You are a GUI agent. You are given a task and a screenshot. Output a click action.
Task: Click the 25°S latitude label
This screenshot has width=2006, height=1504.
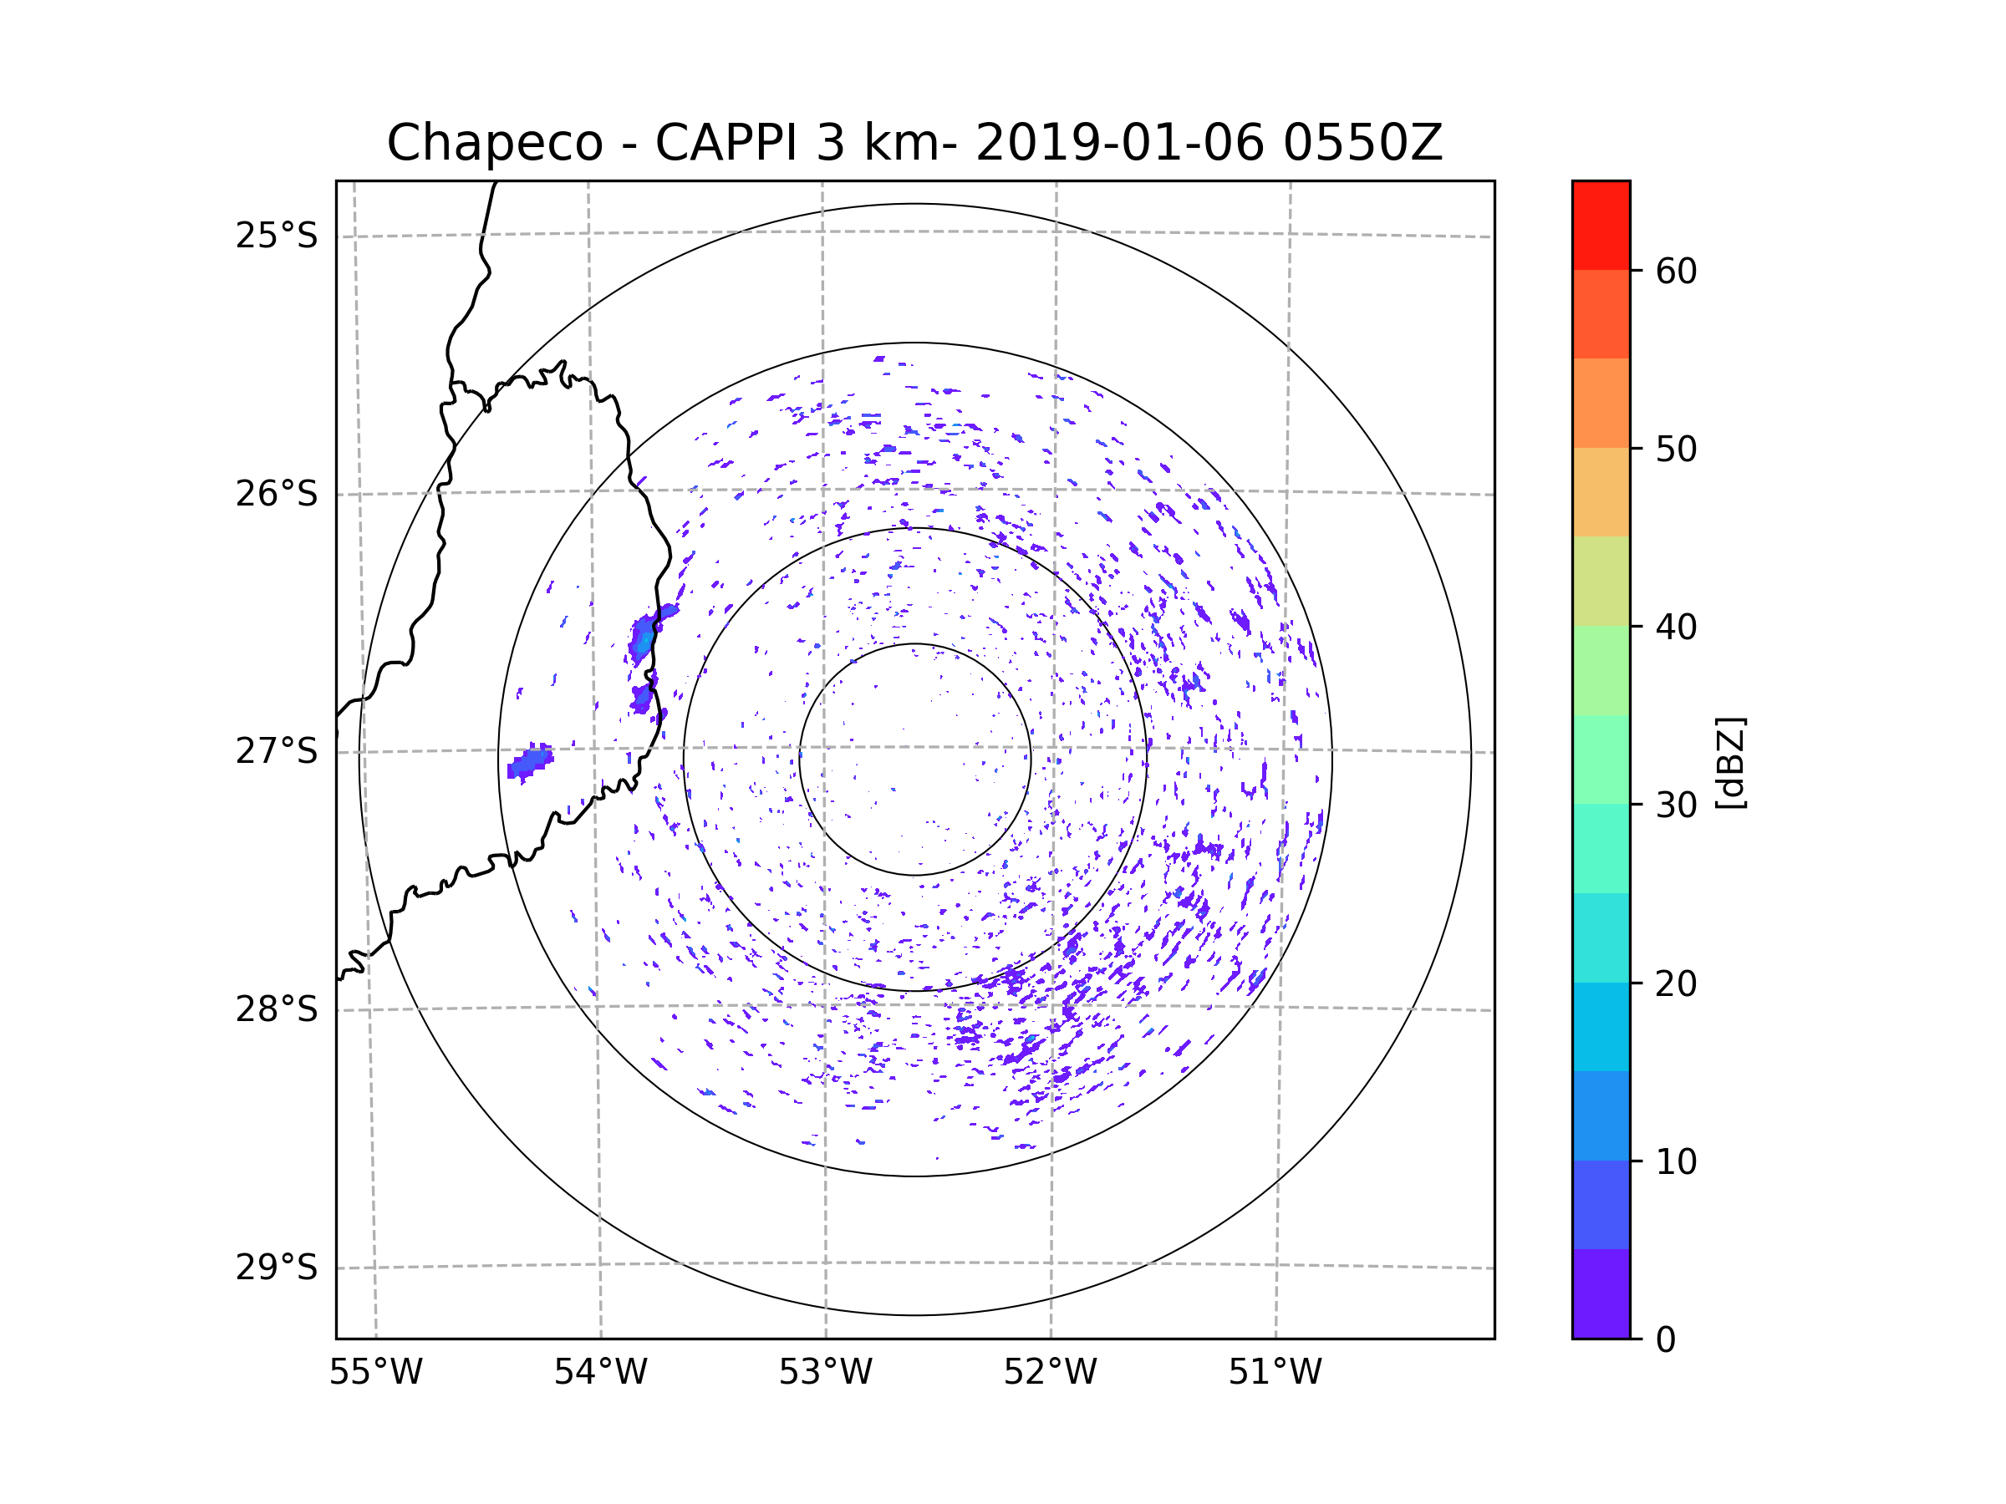[x=277, y=236]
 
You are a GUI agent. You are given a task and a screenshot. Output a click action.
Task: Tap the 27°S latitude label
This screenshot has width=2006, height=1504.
[x=277, y=750]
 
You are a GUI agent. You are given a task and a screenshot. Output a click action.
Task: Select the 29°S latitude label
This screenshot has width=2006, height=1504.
[x=277, y=1267]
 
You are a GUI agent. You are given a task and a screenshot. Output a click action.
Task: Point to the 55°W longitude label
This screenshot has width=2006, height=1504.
[x=375, y=1373]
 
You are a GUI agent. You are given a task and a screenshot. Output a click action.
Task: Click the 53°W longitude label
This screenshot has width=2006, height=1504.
[x=825, y=1373]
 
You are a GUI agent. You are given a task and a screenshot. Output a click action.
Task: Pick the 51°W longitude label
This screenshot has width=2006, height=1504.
[x=1275, y=1373]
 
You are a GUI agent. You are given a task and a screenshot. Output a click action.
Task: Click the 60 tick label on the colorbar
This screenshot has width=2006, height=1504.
[x=1676, y=271]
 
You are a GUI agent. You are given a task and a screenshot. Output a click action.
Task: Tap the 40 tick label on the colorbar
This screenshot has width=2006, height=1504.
[x=1676, y=627]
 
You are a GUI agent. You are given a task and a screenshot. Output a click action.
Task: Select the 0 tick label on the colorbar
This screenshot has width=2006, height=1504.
[x=1666, y=1339]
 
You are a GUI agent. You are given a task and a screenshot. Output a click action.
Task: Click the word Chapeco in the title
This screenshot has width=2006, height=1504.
[x=494, y=143]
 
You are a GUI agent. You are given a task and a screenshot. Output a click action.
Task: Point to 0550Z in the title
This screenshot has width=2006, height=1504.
[x=1362, y=143]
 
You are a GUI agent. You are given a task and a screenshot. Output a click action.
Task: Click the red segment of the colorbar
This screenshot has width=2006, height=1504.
[x=1601, y=225]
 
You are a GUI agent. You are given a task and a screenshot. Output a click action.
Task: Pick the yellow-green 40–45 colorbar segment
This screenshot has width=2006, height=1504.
[x=1601, y=581]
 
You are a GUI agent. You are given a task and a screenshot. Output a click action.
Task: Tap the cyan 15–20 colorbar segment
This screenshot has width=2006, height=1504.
[x=1601, y=1026]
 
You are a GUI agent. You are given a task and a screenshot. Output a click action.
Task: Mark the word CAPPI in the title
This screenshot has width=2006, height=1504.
[x=726, y=143]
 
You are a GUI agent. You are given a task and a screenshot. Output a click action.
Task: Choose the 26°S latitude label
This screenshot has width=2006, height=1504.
[x=277, y=494]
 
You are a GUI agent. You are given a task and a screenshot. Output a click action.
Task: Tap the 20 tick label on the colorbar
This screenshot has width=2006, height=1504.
[x=1676, y=983]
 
